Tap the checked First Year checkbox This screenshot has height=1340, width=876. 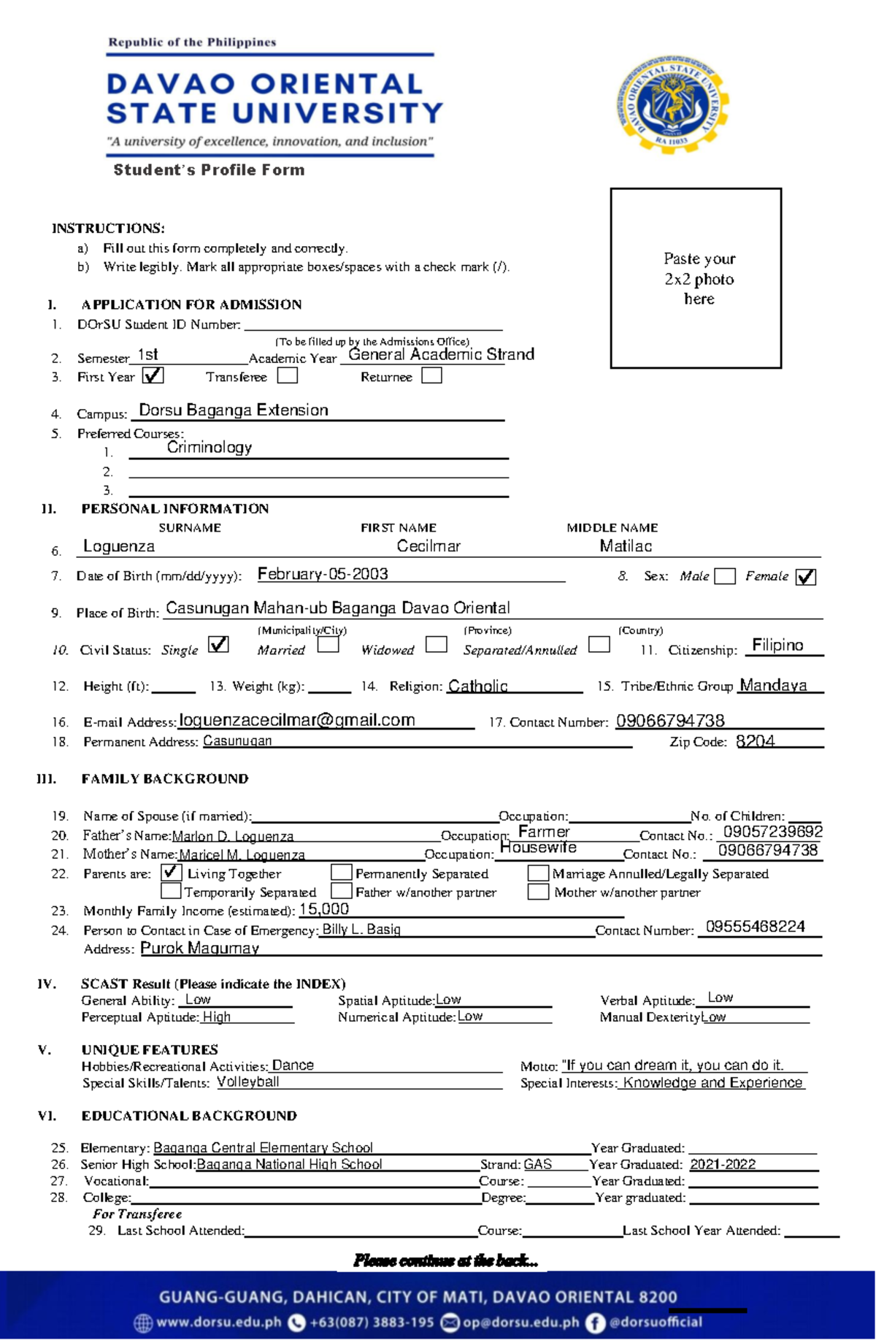(x=153, y=375)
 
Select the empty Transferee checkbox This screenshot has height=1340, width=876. (x=288, y=375)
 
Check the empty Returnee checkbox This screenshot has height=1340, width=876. (x=432, y=375)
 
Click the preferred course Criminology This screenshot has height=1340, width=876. (x=210, y=447)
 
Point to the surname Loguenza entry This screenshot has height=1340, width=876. (x=119, y=545)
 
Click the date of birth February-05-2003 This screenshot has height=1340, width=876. (x=323, y=574)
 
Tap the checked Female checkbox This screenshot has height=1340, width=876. (x=806, y=577)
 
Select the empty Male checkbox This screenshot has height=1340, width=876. (x=725, y=576)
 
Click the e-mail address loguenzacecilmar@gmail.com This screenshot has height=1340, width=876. (x=297, y=720)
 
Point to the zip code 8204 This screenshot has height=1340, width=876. (x=756, y=741)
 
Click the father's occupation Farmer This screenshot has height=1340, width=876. (x=544, y=832)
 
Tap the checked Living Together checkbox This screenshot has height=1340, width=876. (x=171, y=872)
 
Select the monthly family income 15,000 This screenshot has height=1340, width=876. (x=324, y=909)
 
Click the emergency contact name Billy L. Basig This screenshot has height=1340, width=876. (x=361, y=930)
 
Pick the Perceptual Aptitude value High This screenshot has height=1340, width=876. (x=217, y=1017)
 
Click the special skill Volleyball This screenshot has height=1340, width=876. (x=248, y=1081)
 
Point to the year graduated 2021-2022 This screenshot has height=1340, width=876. (x=723, y=1164)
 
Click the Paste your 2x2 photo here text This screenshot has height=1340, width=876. (x=699, y=278)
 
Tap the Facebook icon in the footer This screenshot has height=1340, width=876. (x=595, y=1322)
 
